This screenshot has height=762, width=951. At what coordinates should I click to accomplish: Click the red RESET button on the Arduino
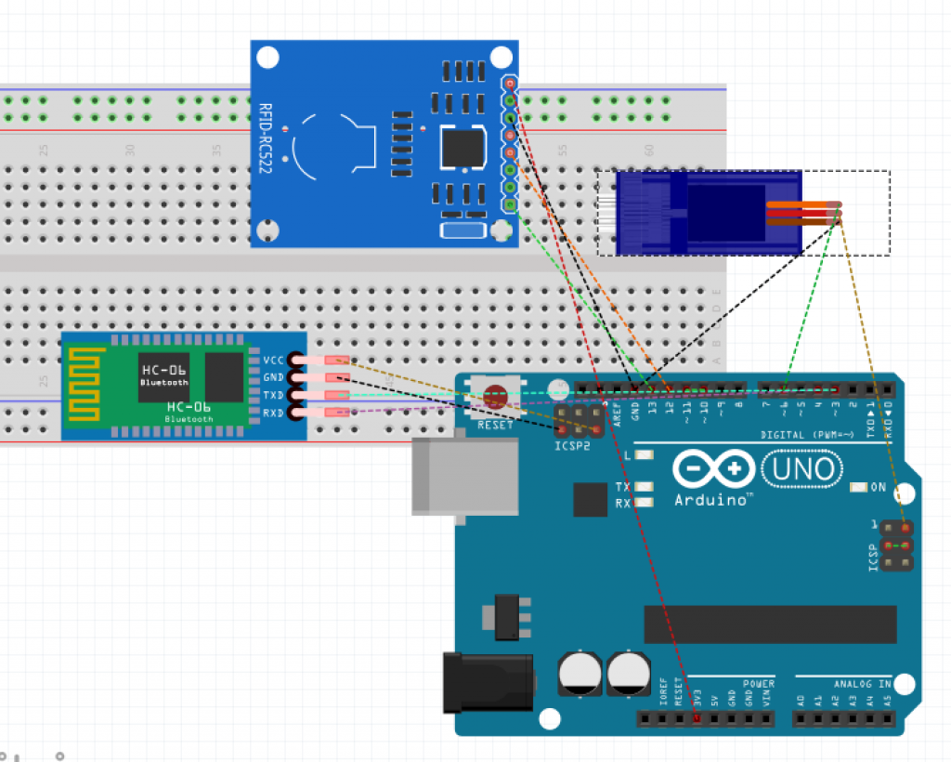click(x=496, y=399)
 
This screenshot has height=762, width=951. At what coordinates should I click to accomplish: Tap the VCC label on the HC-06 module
click(x=274, y=360)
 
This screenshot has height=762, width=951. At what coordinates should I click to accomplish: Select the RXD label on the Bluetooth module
click(x=274, y=413)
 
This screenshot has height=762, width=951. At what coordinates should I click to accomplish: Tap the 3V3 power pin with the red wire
click(x=697, y=719)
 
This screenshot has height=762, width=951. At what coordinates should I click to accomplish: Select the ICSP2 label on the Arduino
click(x=574, y=444)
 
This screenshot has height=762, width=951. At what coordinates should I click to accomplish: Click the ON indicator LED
click(x=859, y=487)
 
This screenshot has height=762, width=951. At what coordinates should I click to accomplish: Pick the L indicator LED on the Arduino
click(x=644, y=456)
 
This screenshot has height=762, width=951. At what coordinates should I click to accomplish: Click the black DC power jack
click(x=487, y=682)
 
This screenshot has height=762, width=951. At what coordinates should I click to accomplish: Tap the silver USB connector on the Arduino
click(x=464, y=476)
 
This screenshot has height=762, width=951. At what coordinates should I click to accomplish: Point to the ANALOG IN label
click(x=861, y=684)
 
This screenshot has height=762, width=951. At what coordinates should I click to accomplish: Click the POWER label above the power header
click(x=758, y=684)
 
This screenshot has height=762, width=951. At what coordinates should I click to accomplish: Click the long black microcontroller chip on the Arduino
click(x=770, y=624)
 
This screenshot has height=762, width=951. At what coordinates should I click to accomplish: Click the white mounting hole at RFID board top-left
click(x=267, y=59)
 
